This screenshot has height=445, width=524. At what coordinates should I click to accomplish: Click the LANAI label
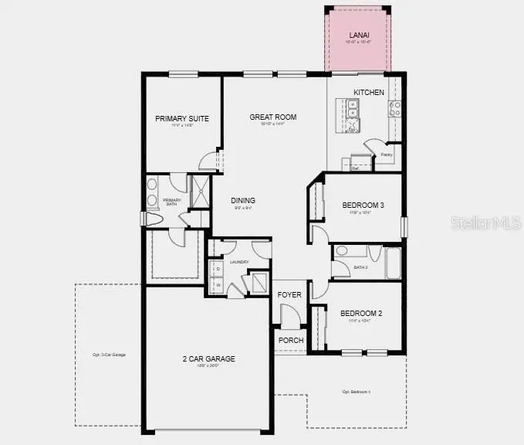(358, 36)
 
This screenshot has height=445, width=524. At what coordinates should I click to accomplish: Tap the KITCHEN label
(368, 93)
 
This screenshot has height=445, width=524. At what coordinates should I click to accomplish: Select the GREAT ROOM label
(272, 117)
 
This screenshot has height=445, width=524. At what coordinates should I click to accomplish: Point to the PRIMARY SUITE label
(182, 118)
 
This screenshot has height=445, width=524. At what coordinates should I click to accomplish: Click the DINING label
(243, 201)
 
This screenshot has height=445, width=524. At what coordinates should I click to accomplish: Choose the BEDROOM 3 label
(363, 205)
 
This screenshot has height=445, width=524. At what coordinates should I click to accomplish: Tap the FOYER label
(289, 295)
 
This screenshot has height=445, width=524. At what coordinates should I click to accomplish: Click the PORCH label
(290, 340)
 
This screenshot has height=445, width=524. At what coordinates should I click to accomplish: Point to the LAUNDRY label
(238, 263)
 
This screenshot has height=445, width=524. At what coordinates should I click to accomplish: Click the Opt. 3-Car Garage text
(108, 355)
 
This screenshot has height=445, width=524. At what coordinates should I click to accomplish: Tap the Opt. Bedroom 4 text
(357, 392)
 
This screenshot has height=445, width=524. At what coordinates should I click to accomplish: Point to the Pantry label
(386, 155)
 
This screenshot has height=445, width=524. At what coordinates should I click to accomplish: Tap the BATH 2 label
(360, 267)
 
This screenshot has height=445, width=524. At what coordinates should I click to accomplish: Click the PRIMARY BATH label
(171, 202)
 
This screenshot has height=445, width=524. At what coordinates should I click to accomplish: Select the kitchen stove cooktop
(394, 109)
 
